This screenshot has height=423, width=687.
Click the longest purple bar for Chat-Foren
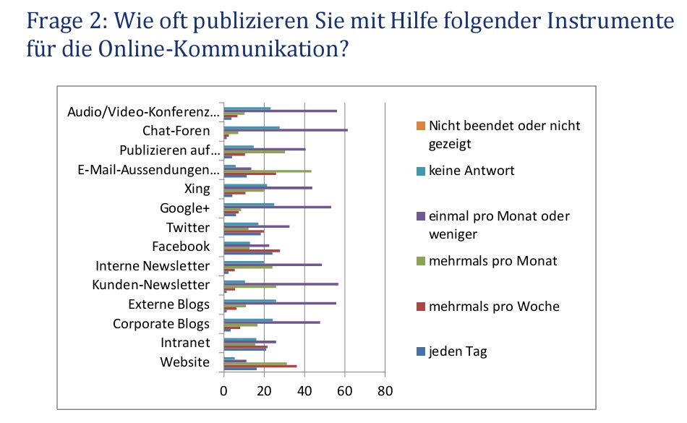(286, 130)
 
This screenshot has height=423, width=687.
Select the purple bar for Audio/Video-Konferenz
(281, 111)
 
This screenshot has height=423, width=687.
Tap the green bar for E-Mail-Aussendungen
(268, 171)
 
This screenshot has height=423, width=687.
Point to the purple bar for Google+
(278, 207)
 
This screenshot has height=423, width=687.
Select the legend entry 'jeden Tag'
(458, 351)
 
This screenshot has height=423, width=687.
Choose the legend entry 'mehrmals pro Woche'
(494, 307)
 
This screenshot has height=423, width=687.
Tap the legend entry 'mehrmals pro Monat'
(492, 260)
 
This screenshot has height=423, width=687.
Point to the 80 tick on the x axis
(385, 391)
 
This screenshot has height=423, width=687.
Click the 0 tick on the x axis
(223, 391)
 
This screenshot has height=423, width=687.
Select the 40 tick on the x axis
(304, 391)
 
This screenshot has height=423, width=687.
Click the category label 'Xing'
(197, 189)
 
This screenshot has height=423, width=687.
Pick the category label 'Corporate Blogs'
(161, 323)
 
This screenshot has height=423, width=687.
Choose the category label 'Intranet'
(186, 343)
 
